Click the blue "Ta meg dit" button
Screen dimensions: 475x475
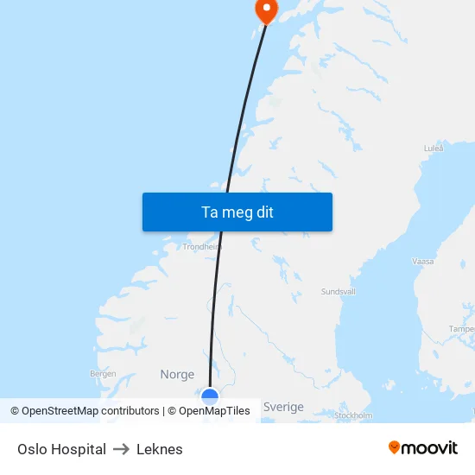[x=237, y=212]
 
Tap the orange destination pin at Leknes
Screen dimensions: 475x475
[x=265, y=9]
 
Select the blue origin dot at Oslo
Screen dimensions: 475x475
[x=210, y=396]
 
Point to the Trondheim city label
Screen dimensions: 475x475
[x=202, y=246]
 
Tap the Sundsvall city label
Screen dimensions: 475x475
[x=339, y=292]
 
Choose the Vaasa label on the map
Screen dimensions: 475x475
[x=423, y=260]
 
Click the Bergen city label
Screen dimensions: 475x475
[x=103, y=374]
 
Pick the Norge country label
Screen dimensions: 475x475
[x=177, y=374]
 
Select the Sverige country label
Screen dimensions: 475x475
[x=283, y=407]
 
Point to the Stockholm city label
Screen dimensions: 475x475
[x=352, y=415]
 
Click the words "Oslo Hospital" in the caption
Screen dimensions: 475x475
[x=61, y=449]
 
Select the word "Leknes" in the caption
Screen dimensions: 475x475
[x=160, y=449]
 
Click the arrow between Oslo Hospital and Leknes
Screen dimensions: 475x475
[x=121, y=449]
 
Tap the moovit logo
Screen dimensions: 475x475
[x=422, y=447]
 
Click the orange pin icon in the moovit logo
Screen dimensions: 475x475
[x=394, y=447]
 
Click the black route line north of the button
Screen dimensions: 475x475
[x=247, y=104]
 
